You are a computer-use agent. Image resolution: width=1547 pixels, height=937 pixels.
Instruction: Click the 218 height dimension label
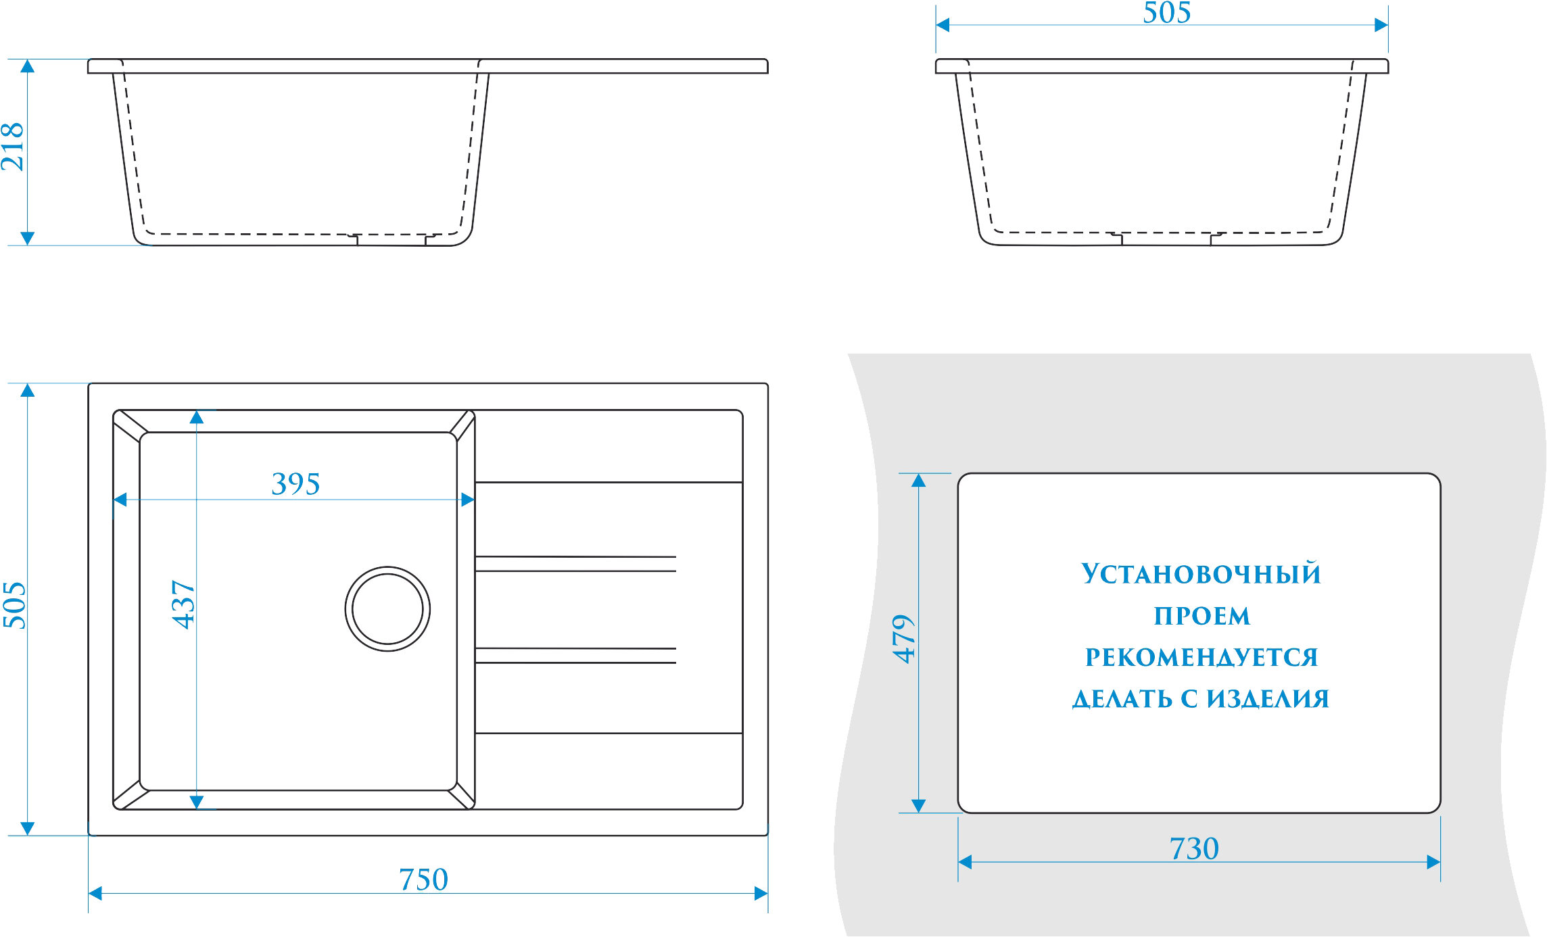(x=12, y=147)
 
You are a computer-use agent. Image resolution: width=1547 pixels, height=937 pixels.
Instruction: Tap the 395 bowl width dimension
(x=295, y=484)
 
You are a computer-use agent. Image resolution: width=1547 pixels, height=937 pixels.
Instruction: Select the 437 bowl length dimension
(x=183, y=604)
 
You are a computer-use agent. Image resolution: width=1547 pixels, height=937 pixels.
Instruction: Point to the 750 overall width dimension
(x=423, y=880)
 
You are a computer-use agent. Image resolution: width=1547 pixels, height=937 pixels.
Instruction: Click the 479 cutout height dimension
(x=904, y=639)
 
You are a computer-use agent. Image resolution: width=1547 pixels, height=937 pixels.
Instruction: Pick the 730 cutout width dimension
(x=1194, y=848)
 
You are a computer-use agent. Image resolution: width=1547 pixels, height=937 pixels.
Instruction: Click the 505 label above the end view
(x=1166, y=13)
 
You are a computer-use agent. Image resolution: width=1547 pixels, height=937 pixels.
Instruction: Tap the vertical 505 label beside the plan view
(x=14, y=605)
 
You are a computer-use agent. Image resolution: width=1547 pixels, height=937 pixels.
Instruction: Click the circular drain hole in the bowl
(x=387, y=609)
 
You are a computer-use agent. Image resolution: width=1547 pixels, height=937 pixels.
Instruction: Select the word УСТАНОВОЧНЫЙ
(x=1201, y=574)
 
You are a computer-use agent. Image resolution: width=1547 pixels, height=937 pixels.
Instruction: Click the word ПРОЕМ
(x=1201, y=616)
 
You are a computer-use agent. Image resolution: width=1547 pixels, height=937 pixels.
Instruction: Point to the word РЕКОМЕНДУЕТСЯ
(x=1201, y=657)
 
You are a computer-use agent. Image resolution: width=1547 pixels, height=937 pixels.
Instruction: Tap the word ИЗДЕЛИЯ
(x=1268, y=699)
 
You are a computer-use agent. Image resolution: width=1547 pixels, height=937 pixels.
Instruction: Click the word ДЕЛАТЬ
(x=1122, y=699)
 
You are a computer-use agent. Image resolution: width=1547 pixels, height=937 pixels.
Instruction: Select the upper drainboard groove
(x=575, y=564)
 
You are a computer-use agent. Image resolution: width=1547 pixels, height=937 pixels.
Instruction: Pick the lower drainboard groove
(x=575, y=655)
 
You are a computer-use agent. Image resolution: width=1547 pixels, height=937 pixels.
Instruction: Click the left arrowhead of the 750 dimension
(x=95, y=894)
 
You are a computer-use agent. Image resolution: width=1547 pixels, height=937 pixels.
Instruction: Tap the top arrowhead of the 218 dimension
(x=27, y=66)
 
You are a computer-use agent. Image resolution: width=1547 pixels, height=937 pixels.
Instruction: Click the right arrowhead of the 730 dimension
(x=1433, y=862)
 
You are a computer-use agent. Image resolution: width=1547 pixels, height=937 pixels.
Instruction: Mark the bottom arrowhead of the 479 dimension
(x=918, y=805)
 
